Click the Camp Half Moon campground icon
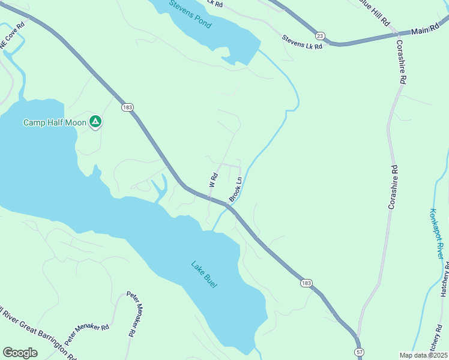coord(95,122)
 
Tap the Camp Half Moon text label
coord(55,122)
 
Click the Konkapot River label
coord(438,233)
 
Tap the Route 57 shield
coord(359,351)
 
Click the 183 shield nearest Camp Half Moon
coord(127,107)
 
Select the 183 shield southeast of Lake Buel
coord(307,283)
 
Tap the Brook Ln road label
coord(235,189)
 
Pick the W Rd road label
coord(212,179)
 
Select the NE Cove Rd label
coord(12,35)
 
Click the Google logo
coord(20,353)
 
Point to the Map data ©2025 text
coord(422,355)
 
